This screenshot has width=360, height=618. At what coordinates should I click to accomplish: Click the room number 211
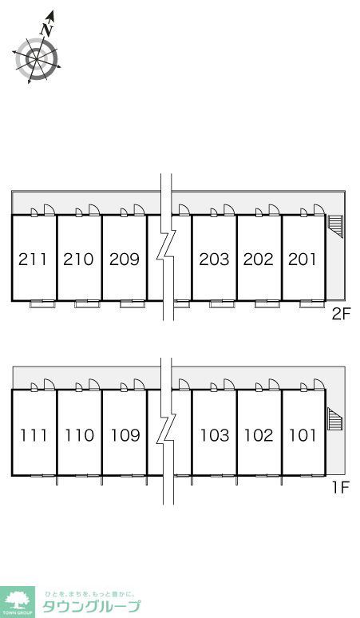point(33,259)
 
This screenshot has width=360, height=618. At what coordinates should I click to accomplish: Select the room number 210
point(78,259)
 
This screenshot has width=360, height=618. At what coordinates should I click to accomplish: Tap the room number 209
point(125,259)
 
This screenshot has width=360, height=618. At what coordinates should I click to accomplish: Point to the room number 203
point(214,259)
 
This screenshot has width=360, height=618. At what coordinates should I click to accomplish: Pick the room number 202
point(259,259)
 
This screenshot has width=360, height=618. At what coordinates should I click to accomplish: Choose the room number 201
point(302,259)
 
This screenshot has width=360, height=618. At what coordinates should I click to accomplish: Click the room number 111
point(34,435)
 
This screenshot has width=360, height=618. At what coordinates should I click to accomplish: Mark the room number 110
point(79,435)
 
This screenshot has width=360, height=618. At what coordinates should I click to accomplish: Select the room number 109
point(125,435)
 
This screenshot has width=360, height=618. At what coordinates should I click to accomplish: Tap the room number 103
point(215,435)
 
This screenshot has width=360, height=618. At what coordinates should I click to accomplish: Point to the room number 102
point(259,435)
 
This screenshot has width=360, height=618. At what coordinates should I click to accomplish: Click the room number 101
point(303,435)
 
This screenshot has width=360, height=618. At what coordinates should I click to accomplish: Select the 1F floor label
point(342,488)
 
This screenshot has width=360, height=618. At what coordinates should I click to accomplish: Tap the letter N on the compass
point(46,29)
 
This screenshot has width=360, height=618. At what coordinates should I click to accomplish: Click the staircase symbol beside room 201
point(336,226)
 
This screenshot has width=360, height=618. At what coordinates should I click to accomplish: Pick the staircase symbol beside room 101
point(336,419)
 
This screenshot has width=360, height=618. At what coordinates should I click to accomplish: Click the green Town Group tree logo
point(17,602)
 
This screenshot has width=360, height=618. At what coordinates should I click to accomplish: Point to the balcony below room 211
point(43,304)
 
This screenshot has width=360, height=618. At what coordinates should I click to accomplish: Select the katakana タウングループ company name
point(91,606)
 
